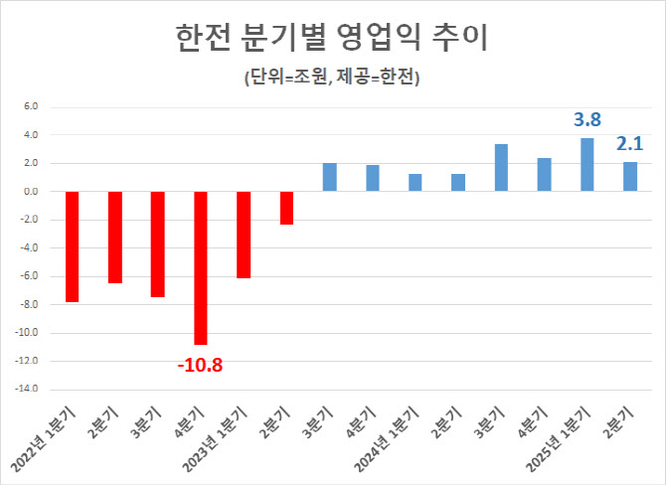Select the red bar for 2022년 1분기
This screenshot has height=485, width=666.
click(x=72, y=246)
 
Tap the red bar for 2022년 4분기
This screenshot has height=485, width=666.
click(x=201, y=267)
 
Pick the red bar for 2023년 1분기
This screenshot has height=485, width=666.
click(x=244, y=235)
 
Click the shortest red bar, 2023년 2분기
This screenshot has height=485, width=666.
click(x=286, y=208)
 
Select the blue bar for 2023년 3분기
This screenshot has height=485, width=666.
click(x=329, y=177)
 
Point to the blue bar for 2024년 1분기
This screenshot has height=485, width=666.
click(x=416, y=182)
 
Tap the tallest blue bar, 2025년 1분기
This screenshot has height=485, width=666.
click(x=586, y=164)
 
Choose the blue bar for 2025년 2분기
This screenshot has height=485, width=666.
click(x=630, y=176)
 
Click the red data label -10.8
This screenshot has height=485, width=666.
click(x=201, y=365)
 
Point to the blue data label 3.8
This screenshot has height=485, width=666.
click(x=586, y=120)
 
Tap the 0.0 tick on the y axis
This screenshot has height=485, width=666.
click(x=30, y=191)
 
